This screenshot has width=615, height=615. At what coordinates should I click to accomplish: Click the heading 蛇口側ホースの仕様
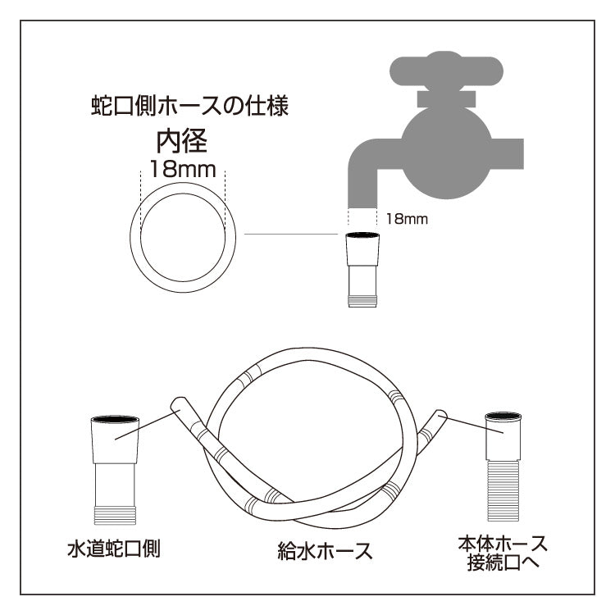189,107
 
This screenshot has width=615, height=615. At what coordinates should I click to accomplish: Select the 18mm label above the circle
183,171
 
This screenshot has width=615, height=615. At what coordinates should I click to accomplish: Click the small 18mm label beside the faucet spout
407,219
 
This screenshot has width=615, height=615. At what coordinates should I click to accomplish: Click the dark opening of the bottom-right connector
503,418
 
